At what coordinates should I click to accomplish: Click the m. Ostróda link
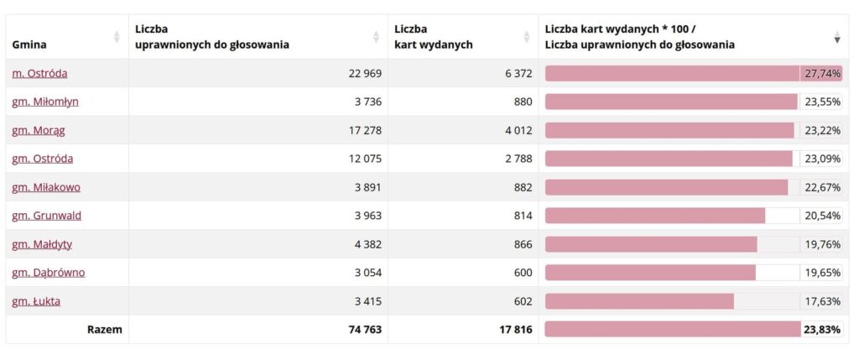(x=39, y=73)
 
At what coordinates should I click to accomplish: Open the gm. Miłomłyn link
(x=45, y=102)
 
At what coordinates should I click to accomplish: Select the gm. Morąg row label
(x=39, y=130)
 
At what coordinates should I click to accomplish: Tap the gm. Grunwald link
(x=47, y=216)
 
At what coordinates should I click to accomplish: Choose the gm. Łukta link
(x=36, y=301)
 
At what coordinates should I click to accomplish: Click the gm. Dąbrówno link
(x=48, y=273)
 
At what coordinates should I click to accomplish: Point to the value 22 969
(x=365, y=73)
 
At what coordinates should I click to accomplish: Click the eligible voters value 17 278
(x=365, y=130)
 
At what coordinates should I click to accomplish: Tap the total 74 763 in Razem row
(x=365, y=330)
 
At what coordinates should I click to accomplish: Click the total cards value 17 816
(x=515, y=330)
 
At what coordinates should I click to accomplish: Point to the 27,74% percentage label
(x=822, y=73)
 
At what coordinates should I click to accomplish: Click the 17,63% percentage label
(x=822, y=301)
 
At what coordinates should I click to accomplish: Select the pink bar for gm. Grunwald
(x=655, y=216)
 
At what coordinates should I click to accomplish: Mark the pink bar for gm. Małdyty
(x=651, y=244)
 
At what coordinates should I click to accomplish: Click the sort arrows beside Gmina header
(x=116, y=37)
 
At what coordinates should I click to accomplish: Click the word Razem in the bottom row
(x=105, y=330)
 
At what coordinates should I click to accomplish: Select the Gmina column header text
(x=29, y=45)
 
